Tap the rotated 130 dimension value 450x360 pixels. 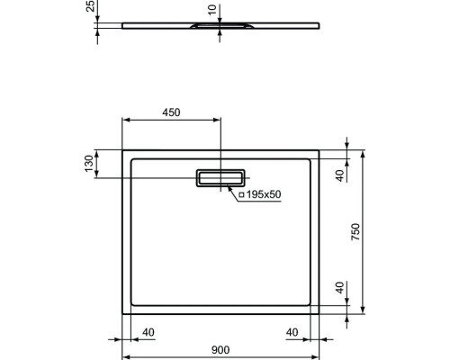[88, 165]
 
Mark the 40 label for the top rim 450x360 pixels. [340, 176]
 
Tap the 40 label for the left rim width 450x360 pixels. [148, 333]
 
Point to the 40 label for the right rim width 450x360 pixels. [292, 333]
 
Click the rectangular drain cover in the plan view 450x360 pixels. [220, 177]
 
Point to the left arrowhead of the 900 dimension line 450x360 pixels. [125, 341]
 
